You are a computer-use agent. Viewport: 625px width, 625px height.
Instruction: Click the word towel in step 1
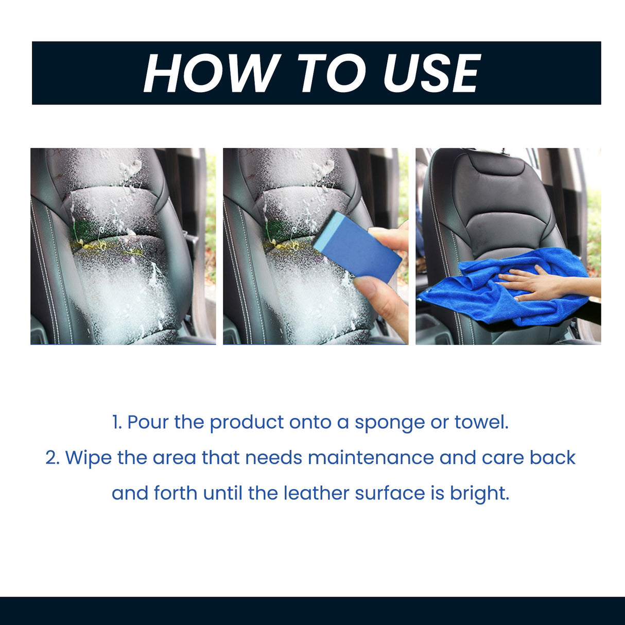tap(481, 422)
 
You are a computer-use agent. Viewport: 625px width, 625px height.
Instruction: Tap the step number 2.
tap(53, 458)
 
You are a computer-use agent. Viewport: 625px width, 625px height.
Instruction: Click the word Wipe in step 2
tap(88, 458)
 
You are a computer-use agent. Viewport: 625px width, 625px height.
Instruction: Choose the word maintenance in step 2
tap(371, 458)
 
